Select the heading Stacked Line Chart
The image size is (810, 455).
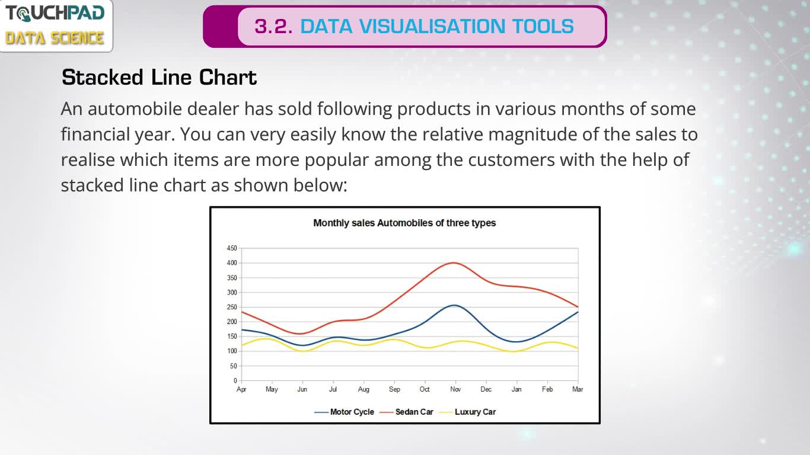click(159, 78)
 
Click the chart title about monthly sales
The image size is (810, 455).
click(404, 223)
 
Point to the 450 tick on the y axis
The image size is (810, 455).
click(232, 248)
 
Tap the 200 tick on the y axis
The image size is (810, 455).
click(232, 322)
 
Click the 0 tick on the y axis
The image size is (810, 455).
click(235, 380)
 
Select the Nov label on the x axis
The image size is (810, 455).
click(455, 389)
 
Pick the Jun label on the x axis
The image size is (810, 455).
click(302, 389)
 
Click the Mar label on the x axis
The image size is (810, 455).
click(578, 389)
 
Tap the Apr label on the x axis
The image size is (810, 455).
click(241, 390)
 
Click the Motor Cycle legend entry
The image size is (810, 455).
click(344, 412)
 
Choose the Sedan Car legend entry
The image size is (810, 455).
click(406, 412)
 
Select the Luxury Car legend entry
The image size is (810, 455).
click(467, 412)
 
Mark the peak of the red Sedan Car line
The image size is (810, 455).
click(454, 262)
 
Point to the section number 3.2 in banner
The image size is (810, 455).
click(273, 27)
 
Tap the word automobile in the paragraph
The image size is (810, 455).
click(135, 109)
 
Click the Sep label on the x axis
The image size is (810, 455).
click(394, 390)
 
